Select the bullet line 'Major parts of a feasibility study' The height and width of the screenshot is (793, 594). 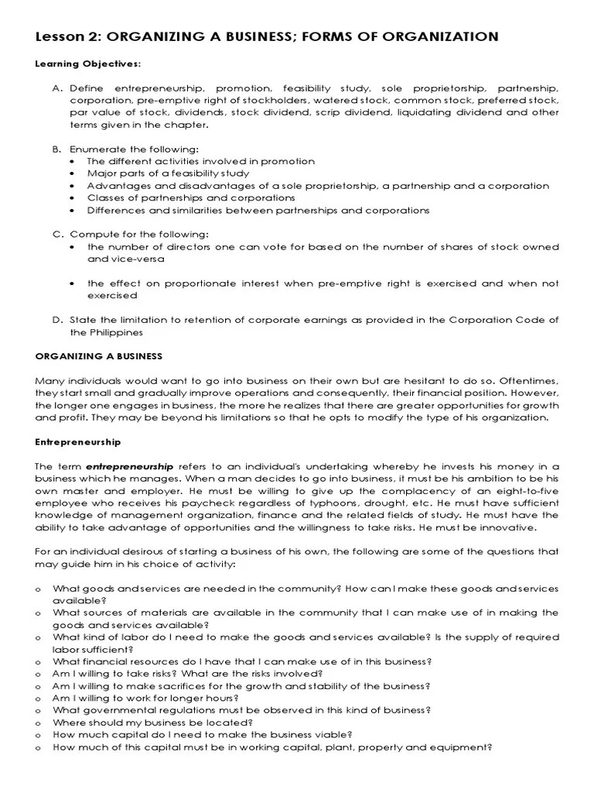168,173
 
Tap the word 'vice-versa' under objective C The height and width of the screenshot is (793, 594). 111,259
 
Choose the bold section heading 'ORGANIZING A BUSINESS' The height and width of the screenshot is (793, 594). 99,355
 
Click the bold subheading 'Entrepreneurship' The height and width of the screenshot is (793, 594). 78,441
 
